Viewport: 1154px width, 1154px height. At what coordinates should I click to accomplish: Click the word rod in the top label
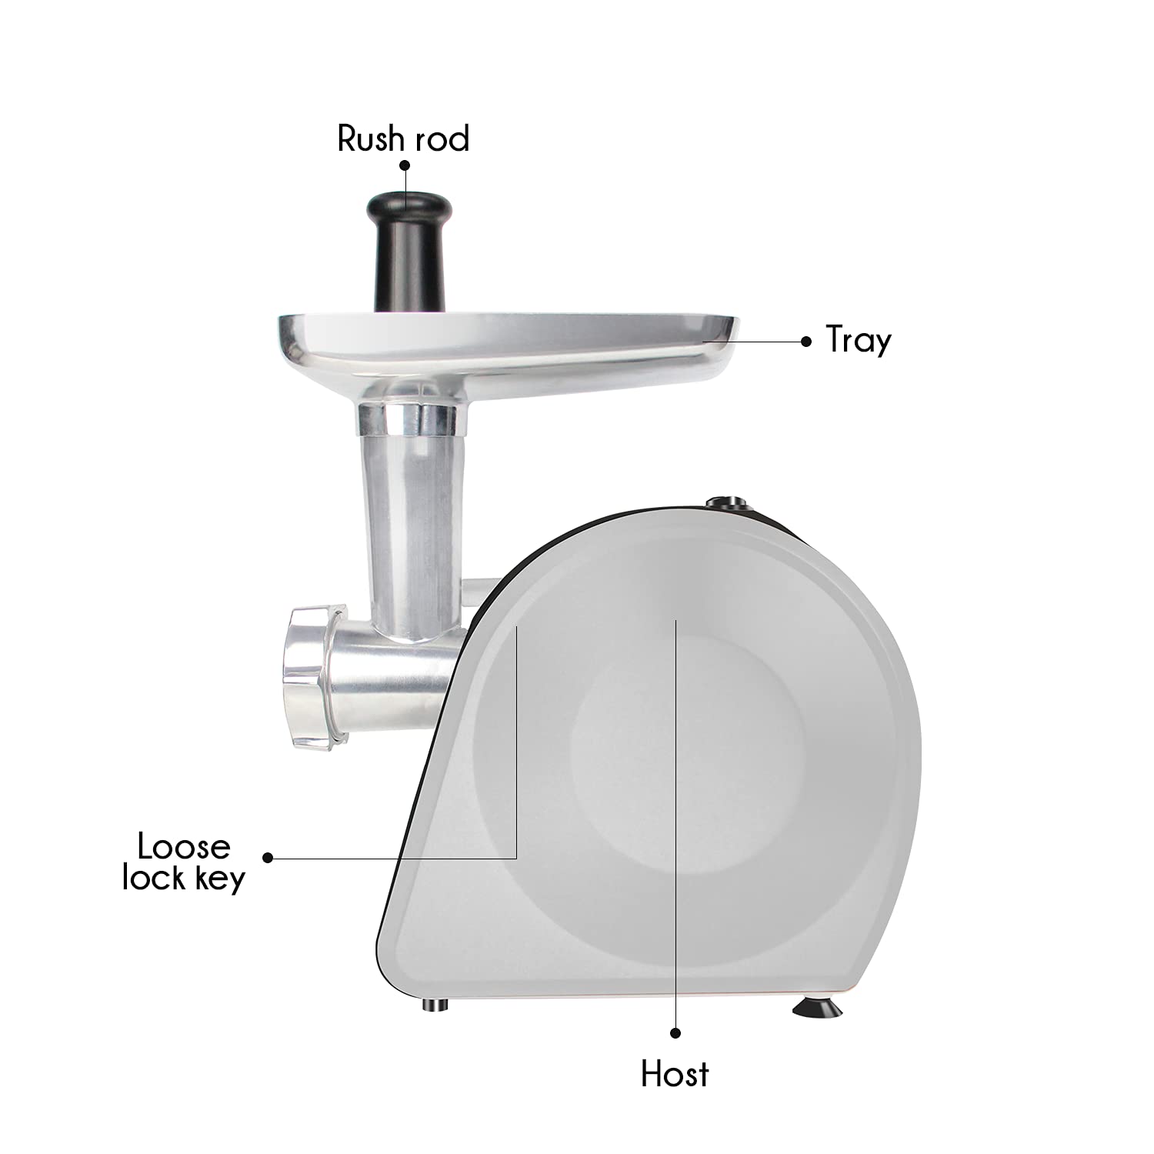[442, 139]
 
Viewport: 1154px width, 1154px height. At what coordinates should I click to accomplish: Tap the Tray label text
[859, 341]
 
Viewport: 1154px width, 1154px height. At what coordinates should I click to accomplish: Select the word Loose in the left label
[184, 846]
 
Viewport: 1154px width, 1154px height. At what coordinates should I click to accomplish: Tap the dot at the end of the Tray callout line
[805, 341]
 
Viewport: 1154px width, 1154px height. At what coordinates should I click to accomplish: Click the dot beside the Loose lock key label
[268, 857]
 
